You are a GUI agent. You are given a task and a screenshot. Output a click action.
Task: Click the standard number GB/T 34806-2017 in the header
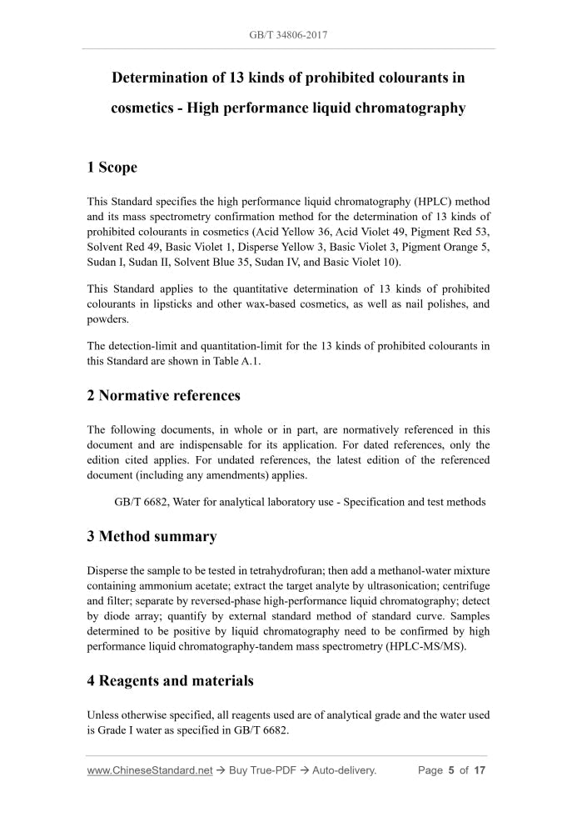[x=288, y=36]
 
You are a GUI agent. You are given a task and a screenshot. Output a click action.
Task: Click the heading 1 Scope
[x=112, y=168]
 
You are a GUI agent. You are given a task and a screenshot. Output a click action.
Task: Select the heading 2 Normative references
[x=163, y=395]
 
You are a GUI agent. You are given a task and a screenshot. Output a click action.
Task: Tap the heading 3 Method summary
[x=152, y=536]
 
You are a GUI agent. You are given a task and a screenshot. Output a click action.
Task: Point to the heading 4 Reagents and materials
[x=170, y=681]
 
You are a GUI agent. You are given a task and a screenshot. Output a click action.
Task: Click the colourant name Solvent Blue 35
[x=229, y=262]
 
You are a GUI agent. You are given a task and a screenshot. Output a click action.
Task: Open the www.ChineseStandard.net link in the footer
[x=150, y=770]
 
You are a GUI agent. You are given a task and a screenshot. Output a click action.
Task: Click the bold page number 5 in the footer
[x=450, y=770]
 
